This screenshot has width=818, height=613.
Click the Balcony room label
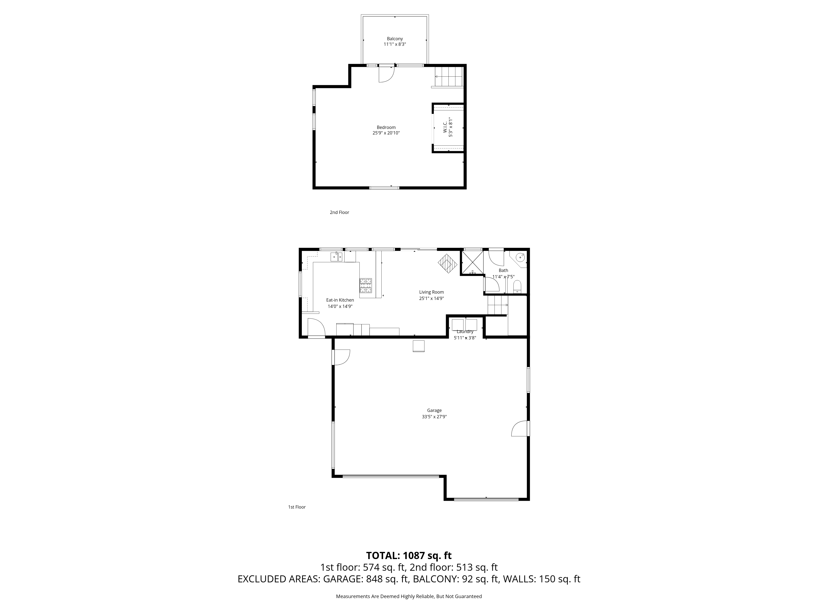pyautogui.click(x=394, y=39)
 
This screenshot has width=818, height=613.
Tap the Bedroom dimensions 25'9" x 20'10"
pyautogui.click(x=386, y=133)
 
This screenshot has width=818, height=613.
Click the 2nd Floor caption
pyautogui.click(x=339, y=213)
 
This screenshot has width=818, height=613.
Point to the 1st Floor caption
pyautogui.click(x=297, y=507)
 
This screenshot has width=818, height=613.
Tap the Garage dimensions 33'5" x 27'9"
pyautogui.click(x=434, y=416)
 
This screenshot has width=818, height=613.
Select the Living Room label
pyautogui.click(x=431, y=292)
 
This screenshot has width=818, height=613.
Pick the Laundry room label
pyautogui.click(x=465, y=331)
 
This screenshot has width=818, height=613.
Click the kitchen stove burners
pyautogui.click(x=366, y=286)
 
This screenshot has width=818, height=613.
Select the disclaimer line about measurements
pyautogui.click(x=409, y=596)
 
